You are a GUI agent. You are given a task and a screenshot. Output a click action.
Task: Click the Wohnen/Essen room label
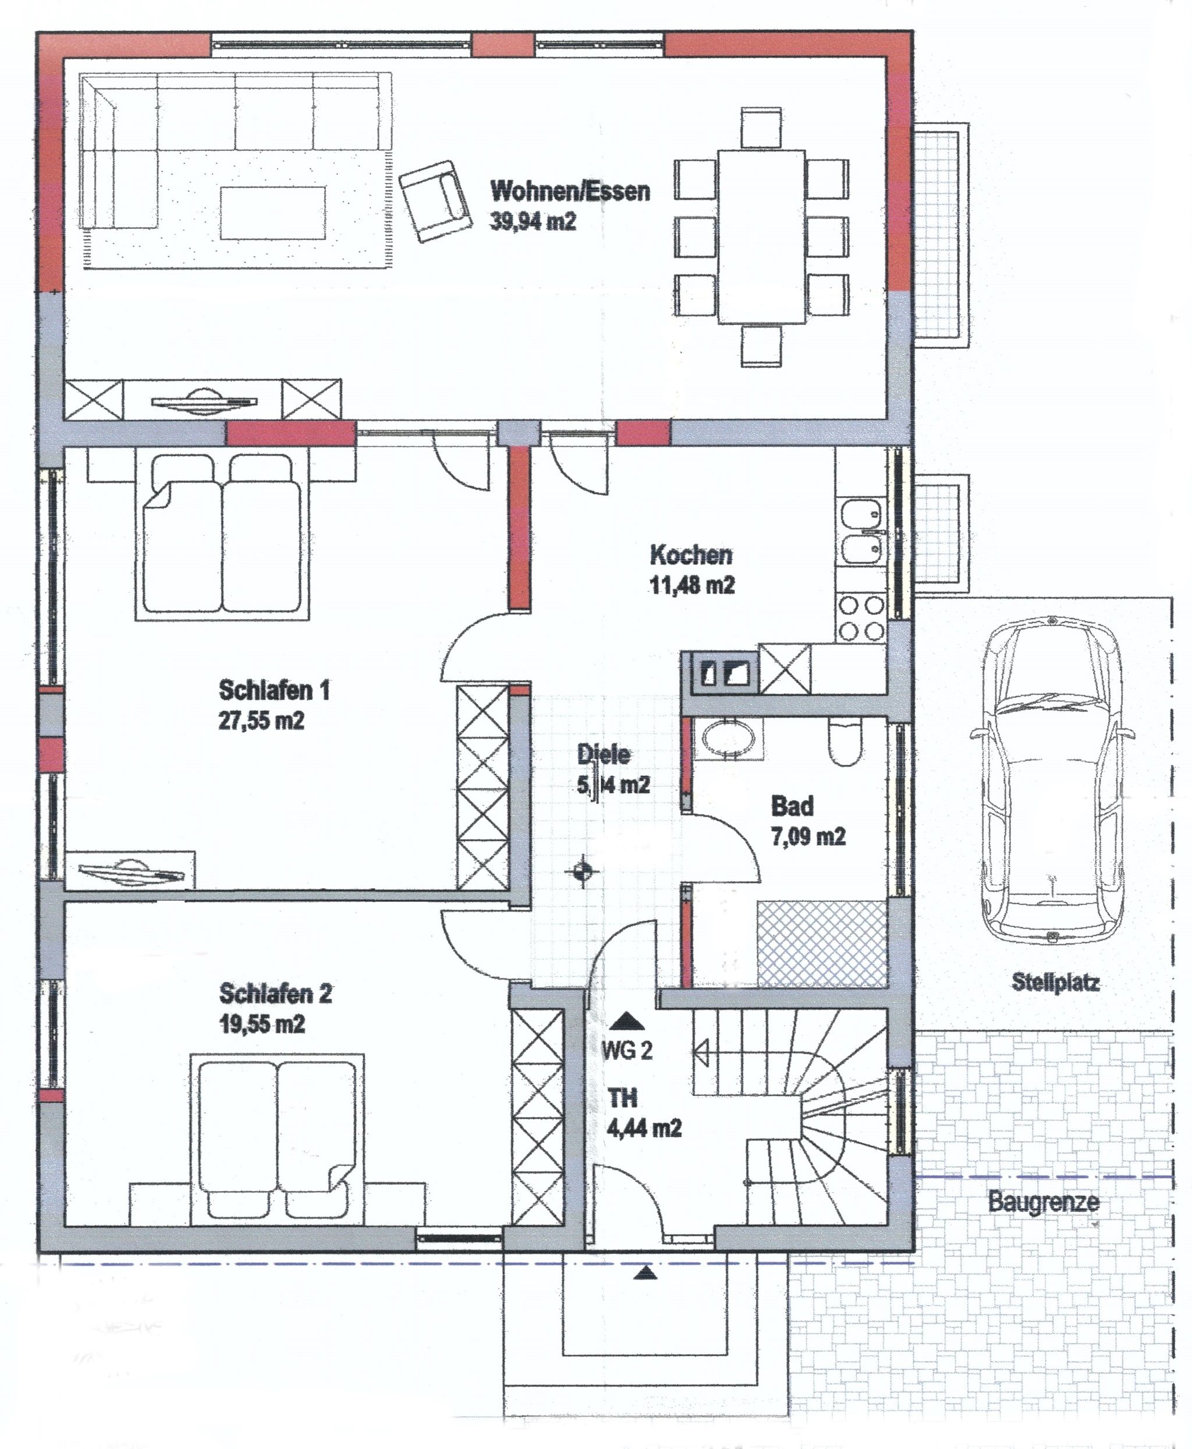click(570, 190)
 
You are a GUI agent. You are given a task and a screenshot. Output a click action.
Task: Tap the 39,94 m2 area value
click(533, 222)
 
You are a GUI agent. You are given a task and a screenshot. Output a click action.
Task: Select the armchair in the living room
click(436, 200)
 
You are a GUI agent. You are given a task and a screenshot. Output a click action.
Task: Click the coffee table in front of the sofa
click(272, 214)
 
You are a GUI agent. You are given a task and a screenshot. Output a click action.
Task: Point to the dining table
click(761, 236)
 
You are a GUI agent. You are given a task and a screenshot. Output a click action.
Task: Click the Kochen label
click(691, 554)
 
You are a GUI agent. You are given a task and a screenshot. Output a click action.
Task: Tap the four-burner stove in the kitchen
click(861, 619)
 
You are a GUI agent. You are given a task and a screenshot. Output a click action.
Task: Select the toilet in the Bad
click(846, 743)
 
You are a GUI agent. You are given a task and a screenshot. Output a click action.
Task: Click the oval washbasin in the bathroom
click(728, 739)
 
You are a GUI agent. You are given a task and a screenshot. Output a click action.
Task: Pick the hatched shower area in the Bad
click(821, 945)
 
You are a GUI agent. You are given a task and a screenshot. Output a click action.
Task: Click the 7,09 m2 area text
click(808, 837)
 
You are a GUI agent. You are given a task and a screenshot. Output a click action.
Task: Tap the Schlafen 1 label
click(274, 690)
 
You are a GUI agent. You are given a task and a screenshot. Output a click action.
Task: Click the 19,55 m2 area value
click(261, 1024)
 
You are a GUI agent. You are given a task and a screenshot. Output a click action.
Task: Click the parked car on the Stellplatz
click(1051, 780)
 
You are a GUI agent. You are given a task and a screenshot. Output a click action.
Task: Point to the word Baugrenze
click(1044, 1201)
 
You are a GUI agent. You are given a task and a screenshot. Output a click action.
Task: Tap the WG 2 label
click(626, 1050)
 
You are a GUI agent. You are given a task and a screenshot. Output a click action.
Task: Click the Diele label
click(604, 754)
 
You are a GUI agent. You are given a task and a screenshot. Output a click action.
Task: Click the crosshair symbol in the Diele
click(582, 872)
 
